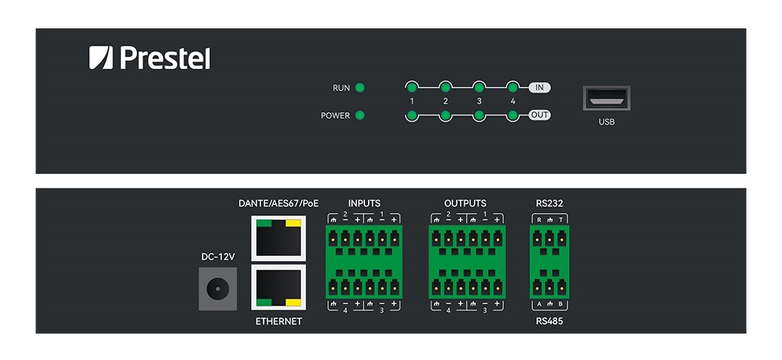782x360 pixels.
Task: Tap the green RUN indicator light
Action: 360,88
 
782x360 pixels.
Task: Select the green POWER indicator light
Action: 360,115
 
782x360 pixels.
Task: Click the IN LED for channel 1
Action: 411,88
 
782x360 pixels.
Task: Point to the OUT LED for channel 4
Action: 513,115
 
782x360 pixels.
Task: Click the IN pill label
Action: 539,88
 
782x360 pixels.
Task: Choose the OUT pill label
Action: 539,115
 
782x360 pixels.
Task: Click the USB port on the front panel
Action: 606,99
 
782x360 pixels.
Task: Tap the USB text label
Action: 607,122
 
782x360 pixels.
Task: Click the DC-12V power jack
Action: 215,290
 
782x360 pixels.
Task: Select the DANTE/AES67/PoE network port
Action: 278,238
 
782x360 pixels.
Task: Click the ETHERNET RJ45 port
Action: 278,287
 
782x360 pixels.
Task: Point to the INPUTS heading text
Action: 364,204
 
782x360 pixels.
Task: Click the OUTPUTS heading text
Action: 466,204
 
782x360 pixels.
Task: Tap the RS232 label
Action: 550,204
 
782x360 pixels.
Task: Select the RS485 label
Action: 550,321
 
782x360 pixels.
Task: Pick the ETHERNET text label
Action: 279,321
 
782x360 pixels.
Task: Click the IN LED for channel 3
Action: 479,88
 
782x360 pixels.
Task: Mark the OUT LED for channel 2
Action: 445,115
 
